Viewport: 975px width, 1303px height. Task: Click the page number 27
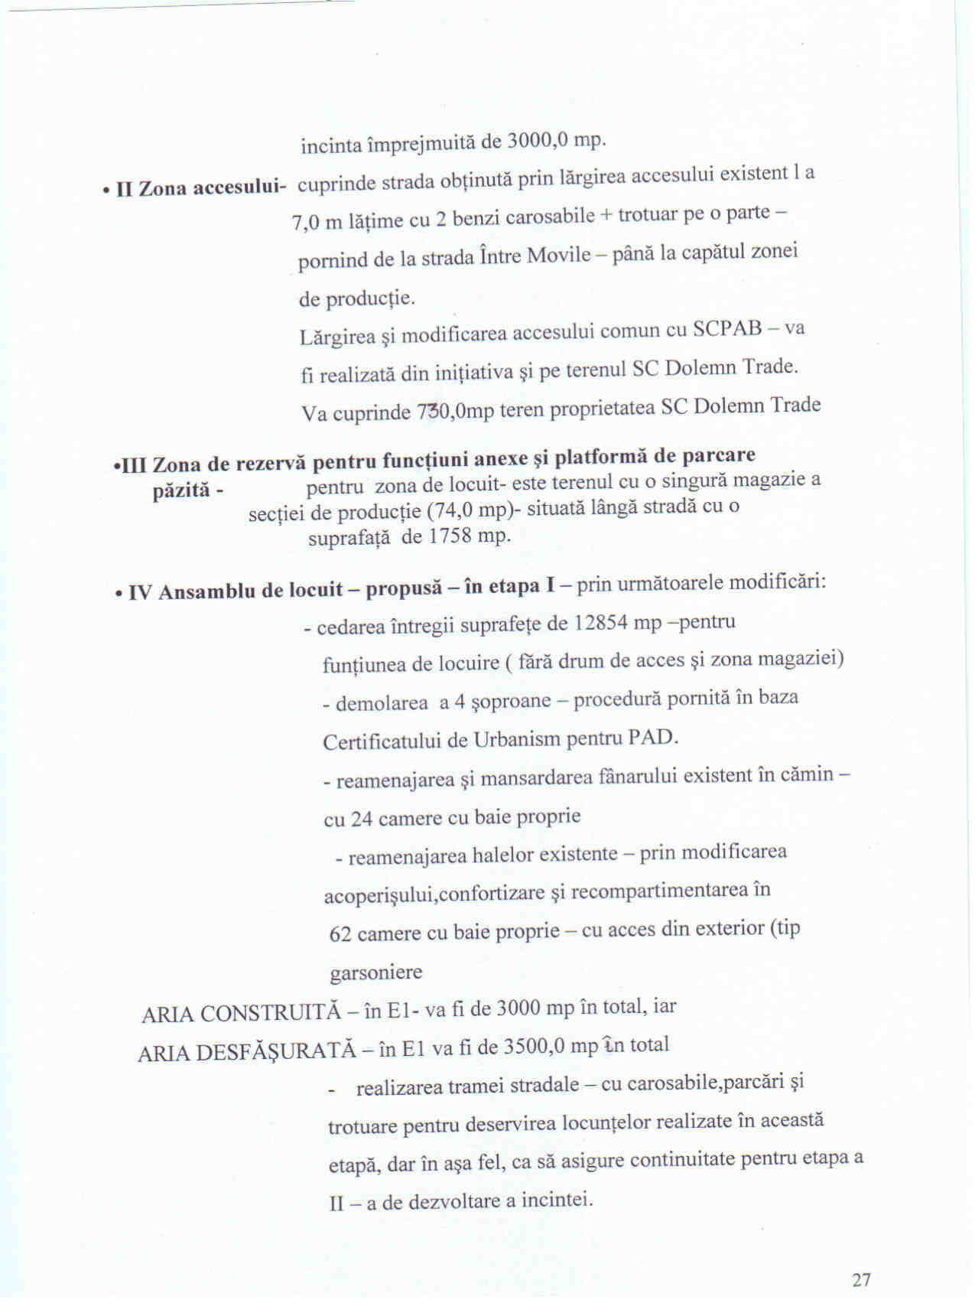861,1279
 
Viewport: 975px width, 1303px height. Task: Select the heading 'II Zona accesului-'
201,187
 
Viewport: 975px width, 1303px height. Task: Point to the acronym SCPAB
727,329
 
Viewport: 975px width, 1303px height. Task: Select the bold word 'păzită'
181,490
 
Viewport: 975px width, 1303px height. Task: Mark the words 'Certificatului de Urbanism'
433,741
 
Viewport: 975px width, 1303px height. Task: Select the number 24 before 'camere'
362,819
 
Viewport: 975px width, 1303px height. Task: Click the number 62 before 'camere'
340,934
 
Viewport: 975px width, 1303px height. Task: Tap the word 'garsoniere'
375,973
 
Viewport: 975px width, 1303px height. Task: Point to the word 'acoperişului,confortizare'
434,894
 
